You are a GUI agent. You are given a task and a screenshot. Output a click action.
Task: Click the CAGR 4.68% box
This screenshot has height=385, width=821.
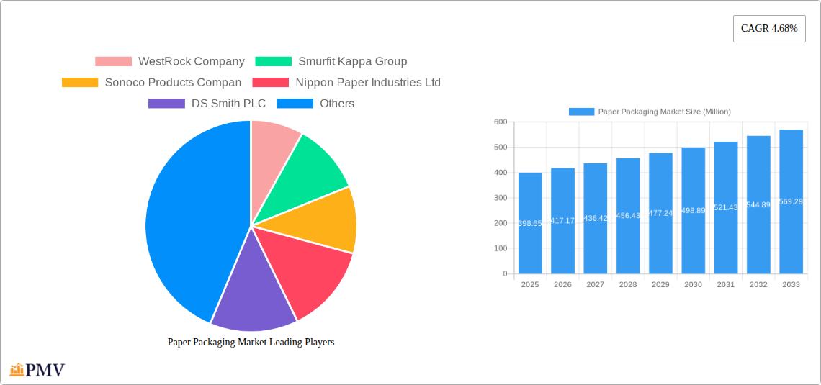tap(768, 29)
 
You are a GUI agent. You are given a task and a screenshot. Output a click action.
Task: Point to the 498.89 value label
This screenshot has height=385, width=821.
tap(693, 211)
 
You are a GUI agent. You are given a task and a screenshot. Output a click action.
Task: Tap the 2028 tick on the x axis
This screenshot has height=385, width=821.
tap(628, 285)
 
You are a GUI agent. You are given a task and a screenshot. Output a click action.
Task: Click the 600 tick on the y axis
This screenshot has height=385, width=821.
tap(500, 122)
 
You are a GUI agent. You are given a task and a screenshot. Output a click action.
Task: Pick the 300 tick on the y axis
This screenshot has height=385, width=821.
tap(500, 198)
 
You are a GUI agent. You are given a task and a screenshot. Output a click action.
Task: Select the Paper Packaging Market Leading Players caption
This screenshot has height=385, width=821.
tap(251, 343)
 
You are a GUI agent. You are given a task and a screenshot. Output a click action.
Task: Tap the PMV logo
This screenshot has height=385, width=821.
tap(37, 370)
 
